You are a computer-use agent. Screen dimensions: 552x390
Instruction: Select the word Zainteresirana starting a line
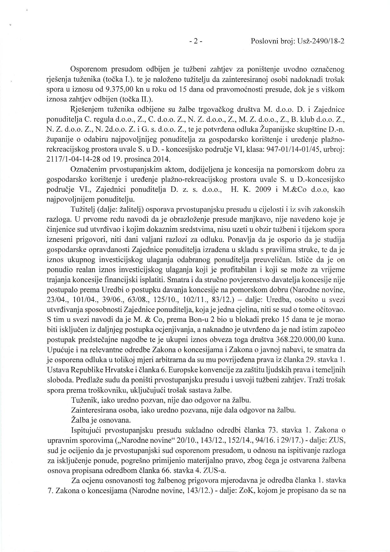(92, 411)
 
